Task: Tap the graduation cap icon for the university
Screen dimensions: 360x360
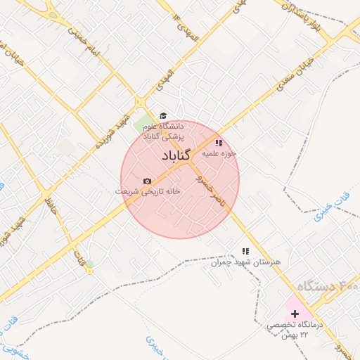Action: [x=163, y=115]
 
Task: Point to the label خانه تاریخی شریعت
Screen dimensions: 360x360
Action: [x=148, y=191]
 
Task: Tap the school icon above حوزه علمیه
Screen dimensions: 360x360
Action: [x=219, y=143]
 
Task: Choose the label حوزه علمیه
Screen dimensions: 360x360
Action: [x=219, y=152]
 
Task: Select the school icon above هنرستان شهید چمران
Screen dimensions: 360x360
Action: [x=245, y=251]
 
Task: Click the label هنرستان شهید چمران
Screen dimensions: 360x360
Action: [x=245, y=262]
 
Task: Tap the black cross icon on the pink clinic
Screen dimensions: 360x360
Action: [x=294, y=313]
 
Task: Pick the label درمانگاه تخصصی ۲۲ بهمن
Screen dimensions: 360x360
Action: [x=293, y=330]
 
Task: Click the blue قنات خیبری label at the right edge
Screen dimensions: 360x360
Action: [x=320, y=217]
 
